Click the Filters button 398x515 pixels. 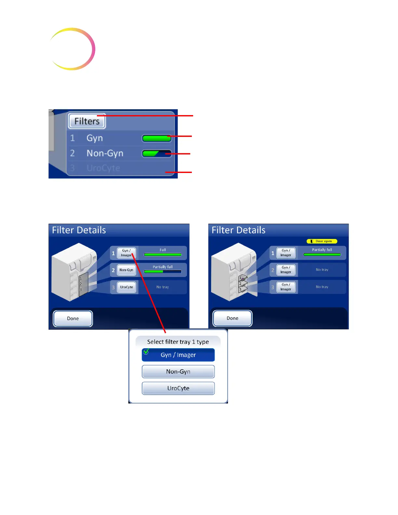(87, 121)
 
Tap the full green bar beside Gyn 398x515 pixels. (157, 138)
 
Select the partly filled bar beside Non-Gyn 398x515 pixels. (157, 153)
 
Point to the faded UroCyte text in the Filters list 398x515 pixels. (103, 168)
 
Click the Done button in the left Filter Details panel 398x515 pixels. (73, 319)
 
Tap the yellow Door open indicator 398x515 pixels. (322, 241)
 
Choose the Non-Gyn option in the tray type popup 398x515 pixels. (178, 372)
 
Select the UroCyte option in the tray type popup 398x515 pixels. (178, 388)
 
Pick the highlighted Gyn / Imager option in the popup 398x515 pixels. (178, 355)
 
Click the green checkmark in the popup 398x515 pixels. (146, 351)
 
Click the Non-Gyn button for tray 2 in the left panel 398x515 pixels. (126, 270)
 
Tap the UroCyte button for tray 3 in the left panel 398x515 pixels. (126, 287)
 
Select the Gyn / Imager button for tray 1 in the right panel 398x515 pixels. (286, 253)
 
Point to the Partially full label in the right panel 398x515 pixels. (322, 250)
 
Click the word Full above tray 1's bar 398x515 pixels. (163, 250)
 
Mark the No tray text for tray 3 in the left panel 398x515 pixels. (163, 287)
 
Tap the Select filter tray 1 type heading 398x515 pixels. (178, 342)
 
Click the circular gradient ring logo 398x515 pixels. (72, 49)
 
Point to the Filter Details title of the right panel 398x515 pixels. (238, 230)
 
